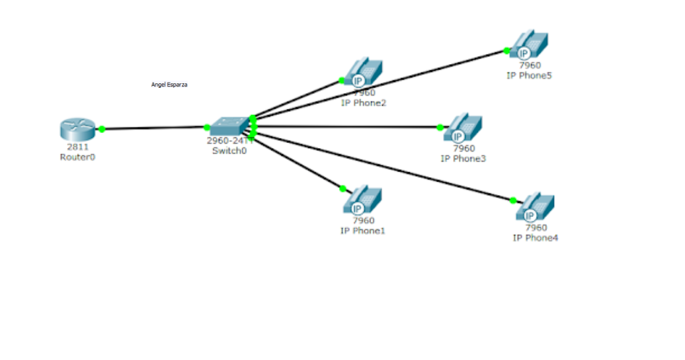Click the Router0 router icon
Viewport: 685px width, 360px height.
coord(78,129)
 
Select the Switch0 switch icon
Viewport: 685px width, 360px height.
coord(228,127)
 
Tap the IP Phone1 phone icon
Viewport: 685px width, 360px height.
coord(363,200)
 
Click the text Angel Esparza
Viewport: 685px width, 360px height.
coord(169,85)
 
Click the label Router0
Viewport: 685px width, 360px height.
coord(78,157)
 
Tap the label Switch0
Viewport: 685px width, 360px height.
coord(227,150)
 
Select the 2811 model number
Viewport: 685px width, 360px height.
coord(78,147)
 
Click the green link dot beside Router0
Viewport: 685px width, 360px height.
coord(102,129)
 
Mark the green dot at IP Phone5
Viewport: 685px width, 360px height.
coord(507,50)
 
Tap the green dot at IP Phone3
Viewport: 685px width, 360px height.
coord(440,127)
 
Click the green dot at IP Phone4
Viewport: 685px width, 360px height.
coord(513,200)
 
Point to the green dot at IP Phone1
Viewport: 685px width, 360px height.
coord(342,188)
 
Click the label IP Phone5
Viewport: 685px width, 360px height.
coord(529,75)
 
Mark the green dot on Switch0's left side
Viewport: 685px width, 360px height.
coord(207,127)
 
